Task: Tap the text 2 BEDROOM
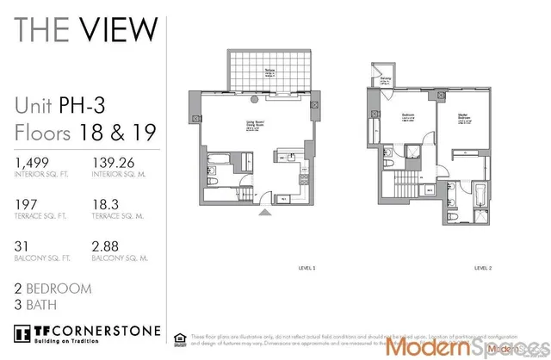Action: click(53, 289)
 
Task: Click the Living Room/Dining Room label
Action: click(253, 124)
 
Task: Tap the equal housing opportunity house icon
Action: click(179, 338)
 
